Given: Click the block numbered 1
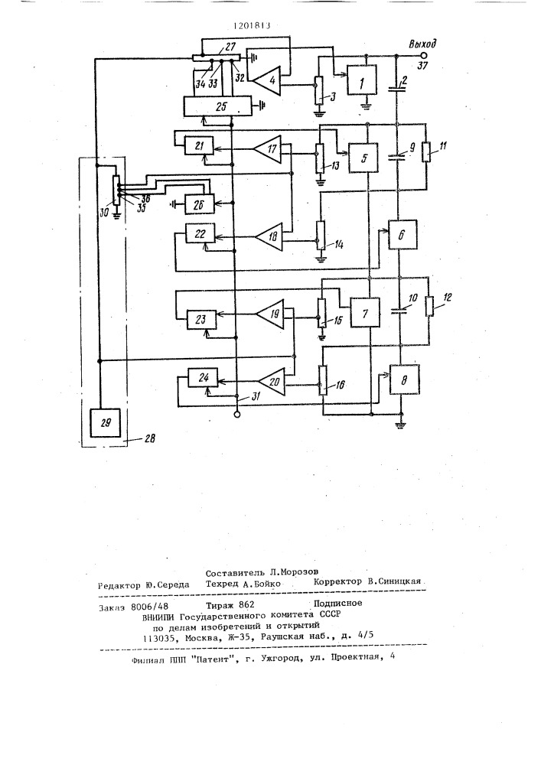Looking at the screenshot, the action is click(362, 80).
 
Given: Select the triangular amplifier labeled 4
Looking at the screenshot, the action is click(267, 79).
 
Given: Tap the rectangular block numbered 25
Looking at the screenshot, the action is click(217, 106).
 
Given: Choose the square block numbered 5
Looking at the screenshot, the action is click(363, 158).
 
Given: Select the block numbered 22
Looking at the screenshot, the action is click(200, 235).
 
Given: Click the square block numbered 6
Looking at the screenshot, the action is click(402, 234).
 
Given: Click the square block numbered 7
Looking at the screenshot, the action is click(365, 312).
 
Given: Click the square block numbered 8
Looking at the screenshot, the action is click(404, 379).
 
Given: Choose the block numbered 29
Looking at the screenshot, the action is click(106, 422).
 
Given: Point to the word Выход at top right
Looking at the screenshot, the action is click(422, 44).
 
